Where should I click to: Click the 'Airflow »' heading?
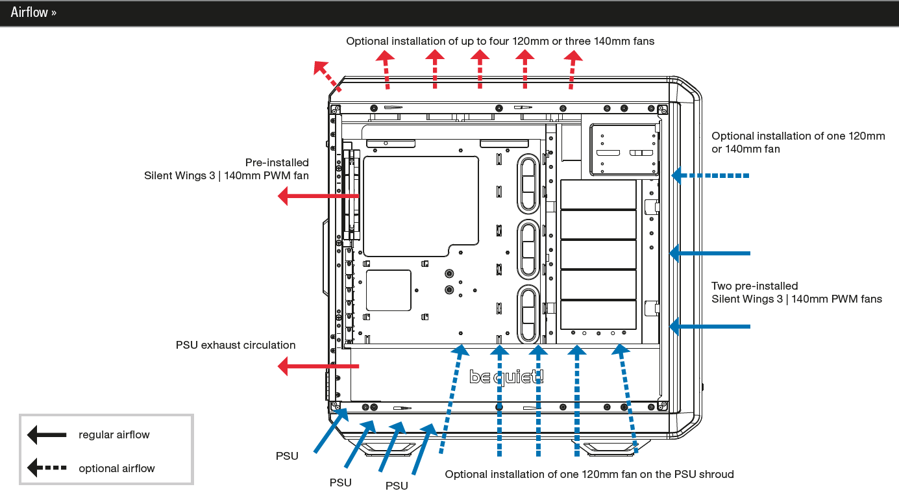pos(33,12)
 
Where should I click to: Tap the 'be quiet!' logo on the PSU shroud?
pos(506,377)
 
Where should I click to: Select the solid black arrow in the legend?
pos(47,434)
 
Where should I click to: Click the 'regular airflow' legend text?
pos(114,434)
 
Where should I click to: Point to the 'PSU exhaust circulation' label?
pos(236,345)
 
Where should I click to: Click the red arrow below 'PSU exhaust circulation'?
pos(318,367)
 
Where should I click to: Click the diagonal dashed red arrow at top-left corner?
pos(327,73)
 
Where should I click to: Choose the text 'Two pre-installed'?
pos(755,286)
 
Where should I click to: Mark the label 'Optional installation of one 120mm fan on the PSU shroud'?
pos(589,474)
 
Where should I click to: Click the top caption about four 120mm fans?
pos(500,41)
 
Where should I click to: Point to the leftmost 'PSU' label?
pos(287,456)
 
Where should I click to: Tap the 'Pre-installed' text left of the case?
pos(277,162)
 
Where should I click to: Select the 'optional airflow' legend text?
pos(117,468)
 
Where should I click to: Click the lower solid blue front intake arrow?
pos(710,326)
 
